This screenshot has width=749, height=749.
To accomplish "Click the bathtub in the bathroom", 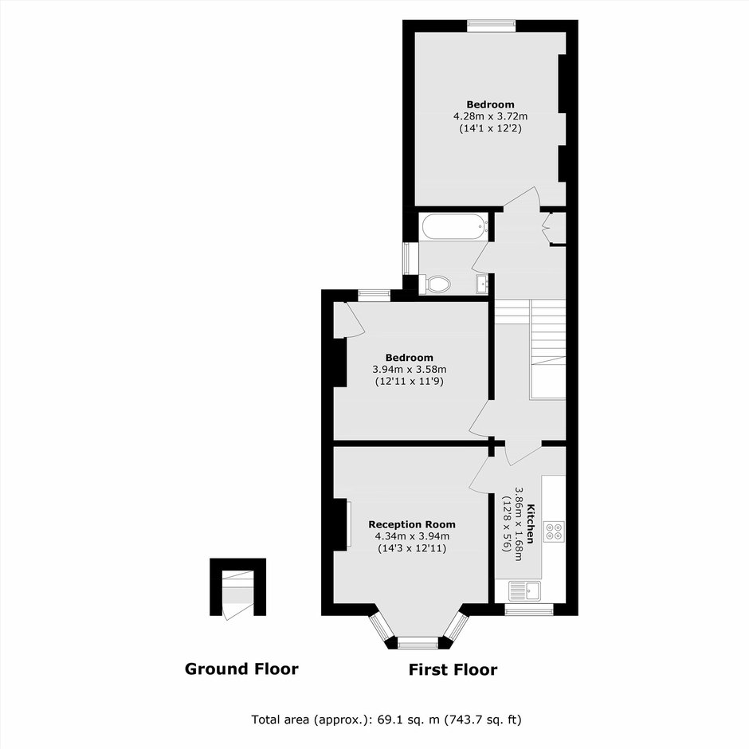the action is (453, 226).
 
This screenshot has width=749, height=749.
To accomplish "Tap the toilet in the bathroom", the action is (435, 284).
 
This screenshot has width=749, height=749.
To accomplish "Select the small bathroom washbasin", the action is (481, 284).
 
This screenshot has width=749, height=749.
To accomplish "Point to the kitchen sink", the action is (524, 590).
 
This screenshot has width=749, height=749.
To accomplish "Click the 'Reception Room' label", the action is (412, 524).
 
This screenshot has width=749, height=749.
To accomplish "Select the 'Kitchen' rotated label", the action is (530, 524).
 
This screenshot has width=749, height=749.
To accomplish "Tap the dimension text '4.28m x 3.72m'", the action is (490, 116).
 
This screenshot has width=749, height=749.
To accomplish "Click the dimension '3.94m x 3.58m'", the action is (410, 369).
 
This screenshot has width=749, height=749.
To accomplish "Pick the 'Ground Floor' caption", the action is (241, 669).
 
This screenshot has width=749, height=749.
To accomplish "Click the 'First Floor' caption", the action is (453, 669).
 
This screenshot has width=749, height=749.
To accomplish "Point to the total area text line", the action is (386, 720).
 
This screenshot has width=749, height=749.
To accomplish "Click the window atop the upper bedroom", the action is (492, 25).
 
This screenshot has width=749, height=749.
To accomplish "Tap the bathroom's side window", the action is (410, 258).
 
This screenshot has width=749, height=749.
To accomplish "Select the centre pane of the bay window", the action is (418, 643).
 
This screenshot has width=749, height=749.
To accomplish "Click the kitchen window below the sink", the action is (529, 610).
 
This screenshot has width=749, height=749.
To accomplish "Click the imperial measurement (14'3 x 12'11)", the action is (412, 548).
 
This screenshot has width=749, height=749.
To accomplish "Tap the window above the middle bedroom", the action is (374, 295).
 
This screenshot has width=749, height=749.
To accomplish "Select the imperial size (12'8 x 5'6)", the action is (506, 524).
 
